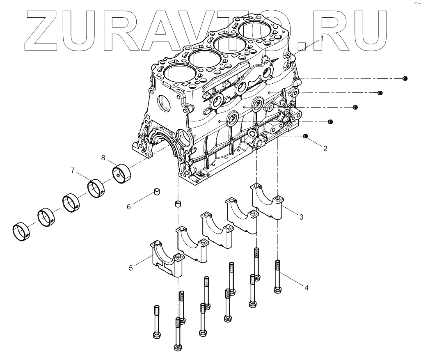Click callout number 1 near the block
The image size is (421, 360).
(x=322, y=38)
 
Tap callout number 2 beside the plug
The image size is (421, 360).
(x=325, y=149)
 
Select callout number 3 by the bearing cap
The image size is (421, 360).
(x=301, y=217)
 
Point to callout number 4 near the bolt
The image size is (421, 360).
(x=306, y=288)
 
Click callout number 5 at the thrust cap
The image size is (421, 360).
(x=130, y=268)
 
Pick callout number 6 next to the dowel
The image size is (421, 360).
(x=128, y=207)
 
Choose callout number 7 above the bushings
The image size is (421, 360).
(x=73, y=170)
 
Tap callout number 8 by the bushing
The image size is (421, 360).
(x=103, y=157)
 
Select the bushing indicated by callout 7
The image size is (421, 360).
(x=96, y=188)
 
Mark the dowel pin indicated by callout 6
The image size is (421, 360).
(x=156, y=192)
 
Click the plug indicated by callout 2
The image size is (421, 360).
(x=305, y=136)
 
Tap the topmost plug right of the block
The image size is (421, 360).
(x=405, y=78)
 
